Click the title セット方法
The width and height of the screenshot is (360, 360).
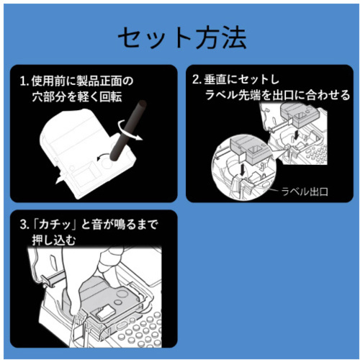[x=182, y=38]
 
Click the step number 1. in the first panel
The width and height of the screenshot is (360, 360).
[x=24, y=81]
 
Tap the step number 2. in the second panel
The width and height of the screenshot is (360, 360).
[x=197, y=80]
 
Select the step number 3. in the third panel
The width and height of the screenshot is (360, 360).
[x=24, y=225]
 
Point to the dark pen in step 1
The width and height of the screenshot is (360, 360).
[x=128, y=130]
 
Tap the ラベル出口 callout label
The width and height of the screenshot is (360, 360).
[x=305, y=192]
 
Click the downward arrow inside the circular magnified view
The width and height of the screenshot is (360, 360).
[x=243, y=170]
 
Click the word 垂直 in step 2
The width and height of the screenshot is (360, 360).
[x=215, y=80]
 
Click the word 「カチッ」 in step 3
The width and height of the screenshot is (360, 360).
[x=55, y=225]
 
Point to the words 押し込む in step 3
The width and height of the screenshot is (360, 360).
[x=54, y=240]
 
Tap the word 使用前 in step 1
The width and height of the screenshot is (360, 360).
[x=49, y=81]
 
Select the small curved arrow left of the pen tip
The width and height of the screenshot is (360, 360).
[x=103, y=157]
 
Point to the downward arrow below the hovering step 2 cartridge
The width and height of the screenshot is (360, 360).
[x=297, y=135]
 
